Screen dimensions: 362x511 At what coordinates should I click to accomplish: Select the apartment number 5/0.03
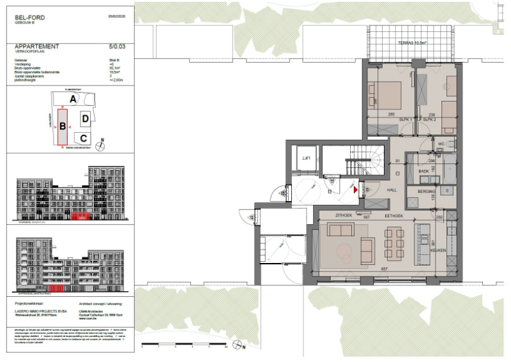(x=118, y=47)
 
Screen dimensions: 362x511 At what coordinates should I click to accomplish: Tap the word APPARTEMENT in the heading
(x=37, y=47)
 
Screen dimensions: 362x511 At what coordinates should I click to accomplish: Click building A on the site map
(x=73, y=99)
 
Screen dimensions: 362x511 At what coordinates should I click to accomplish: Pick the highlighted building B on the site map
(x=63, y=126)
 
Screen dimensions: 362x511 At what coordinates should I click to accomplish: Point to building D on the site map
(x=85, y=119)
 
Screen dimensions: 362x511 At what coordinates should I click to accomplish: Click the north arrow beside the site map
(x=100, y=145)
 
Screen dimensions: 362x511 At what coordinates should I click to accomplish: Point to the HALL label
(x=392, y=191)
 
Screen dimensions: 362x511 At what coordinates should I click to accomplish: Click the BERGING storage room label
(x=427, y=192)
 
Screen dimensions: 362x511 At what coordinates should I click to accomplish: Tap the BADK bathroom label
(x=423, y=171)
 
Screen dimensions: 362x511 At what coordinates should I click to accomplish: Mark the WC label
(x=441, y=144)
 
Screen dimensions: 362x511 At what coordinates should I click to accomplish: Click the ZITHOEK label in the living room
(x=344, y=216)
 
